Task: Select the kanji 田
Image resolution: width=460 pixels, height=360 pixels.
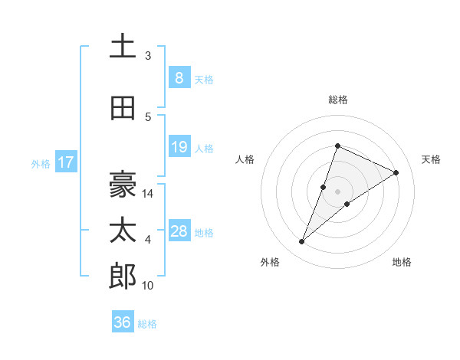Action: (123, 109)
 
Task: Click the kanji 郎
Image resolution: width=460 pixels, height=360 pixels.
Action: (123, 276)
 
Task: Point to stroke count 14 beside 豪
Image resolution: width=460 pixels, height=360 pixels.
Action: (149, 194)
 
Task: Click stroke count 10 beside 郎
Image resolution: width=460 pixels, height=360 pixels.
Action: (149, 286)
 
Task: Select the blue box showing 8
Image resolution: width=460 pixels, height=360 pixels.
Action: (179, 78)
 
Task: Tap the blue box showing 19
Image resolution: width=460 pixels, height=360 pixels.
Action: (179, 147)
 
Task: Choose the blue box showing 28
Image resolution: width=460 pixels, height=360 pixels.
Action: (179, 231)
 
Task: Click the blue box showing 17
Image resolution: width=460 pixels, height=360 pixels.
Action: (65, 162)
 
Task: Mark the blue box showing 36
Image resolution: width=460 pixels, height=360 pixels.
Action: (122, 322)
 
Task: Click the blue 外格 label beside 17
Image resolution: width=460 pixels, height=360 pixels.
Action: (41, 163)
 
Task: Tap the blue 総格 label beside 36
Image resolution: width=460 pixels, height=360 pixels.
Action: (147, 323)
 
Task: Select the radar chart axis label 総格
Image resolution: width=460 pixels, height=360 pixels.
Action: (337, 100)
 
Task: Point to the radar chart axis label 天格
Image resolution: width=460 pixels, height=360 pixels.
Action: (432, 159)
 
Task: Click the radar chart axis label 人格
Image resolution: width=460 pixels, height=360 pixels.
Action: (245, 159)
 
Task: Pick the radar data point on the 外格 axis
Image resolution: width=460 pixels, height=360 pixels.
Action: (302, 242)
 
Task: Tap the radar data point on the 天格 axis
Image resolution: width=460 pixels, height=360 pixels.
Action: (396, 172)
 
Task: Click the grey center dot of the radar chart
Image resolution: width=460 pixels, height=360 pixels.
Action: (337, 191)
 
